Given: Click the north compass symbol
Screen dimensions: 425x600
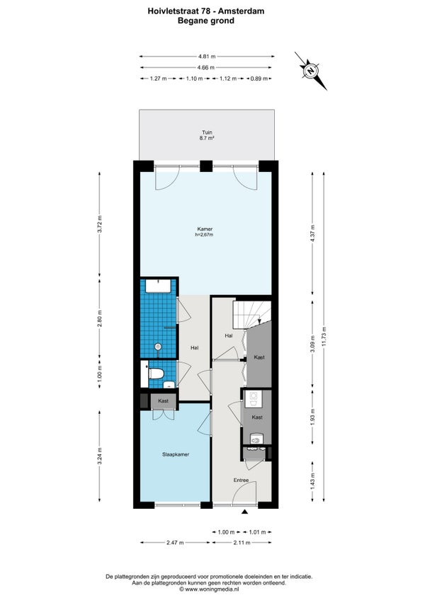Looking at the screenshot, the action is [311, 71].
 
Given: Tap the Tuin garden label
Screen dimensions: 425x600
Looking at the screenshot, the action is [207, 132].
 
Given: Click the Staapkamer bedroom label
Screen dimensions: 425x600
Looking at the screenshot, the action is [176, 454].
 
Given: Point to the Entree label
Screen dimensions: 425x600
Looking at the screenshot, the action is [241, 480].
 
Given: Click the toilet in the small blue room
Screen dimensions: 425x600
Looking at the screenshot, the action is [157, 373].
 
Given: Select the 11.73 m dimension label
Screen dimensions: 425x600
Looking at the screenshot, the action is [324, 337].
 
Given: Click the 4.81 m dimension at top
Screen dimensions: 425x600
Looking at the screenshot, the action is [207, 57].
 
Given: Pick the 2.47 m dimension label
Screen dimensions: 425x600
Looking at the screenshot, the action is [175, 543].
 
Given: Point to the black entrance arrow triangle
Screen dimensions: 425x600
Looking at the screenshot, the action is [245, 512].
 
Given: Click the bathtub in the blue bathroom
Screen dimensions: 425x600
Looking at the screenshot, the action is [158, 287].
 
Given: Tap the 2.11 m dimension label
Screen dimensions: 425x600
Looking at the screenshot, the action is [242, 543].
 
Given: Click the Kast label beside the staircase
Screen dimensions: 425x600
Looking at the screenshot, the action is [259, 357].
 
